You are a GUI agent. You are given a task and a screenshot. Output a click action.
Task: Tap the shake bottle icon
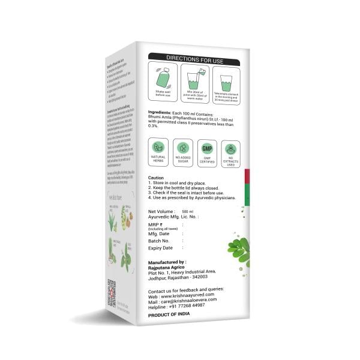(x=163, y=78)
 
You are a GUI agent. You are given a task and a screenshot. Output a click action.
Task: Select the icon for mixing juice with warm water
(x=194, y=79)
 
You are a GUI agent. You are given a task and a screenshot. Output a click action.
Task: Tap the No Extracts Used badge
(x=230, y=151)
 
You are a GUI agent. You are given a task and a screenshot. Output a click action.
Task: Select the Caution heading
(x=155, y=178)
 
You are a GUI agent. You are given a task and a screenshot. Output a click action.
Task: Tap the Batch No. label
(x=159, y=241)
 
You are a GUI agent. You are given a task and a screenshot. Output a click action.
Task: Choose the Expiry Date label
(x=160, y=248)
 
